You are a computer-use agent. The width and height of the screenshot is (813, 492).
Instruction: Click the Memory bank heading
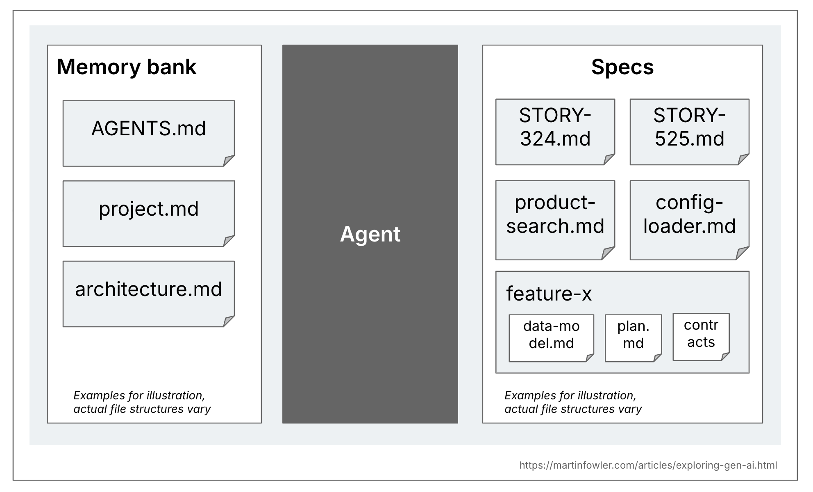[x=126, y=67]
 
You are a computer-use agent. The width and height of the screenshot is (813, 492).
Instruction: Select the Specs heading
[x=622, y=67]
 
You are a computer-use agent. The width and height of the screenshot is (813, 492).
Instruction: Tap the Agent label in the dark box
[x=370, y=234]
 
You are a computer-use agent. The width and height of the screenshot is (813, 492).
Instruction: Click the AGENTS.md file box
[x=148, y=133]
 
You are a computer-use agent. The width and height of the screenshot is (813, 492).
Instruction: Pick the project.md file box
[x=148, y=213]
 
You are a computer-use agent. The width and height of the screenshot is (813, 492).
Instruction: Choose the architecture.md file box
[x=148, y=294]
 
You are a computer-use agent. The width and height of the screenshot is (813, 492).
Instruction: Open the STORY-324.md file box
[x=555, y=132]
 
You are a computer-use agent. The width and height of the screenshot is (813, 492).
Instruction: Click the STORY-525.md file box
[x=689, y=132]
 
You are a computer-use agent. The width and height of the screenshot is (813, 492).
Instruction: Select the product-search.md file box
[x=555, y=220]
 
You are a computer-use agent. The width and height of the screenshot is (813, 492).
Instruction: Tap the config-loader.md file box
[x=689, y=220]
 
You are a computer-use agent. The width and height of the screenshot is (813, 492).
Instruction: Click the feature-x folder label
[x=549, y=294]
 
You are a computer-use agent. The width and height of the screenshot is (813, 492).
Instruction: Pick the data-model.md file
[x=551, y=338]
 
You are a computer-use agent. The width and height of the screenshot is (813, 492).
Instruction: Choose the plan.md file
[x=633, y=338]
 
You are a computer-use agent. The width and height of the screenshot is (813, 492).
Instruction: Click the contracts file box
[x=701, y=337]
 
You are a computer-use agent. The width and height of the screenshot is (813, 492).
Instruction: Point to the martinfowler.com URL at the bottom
[x=648, y=465]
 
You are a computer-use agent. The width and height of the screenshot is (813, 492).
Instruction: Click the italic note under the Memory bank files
[x=142, y=402]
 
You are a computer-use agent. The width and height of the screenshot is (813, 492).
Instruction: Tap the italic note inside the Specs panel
[x=573, y=402]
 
